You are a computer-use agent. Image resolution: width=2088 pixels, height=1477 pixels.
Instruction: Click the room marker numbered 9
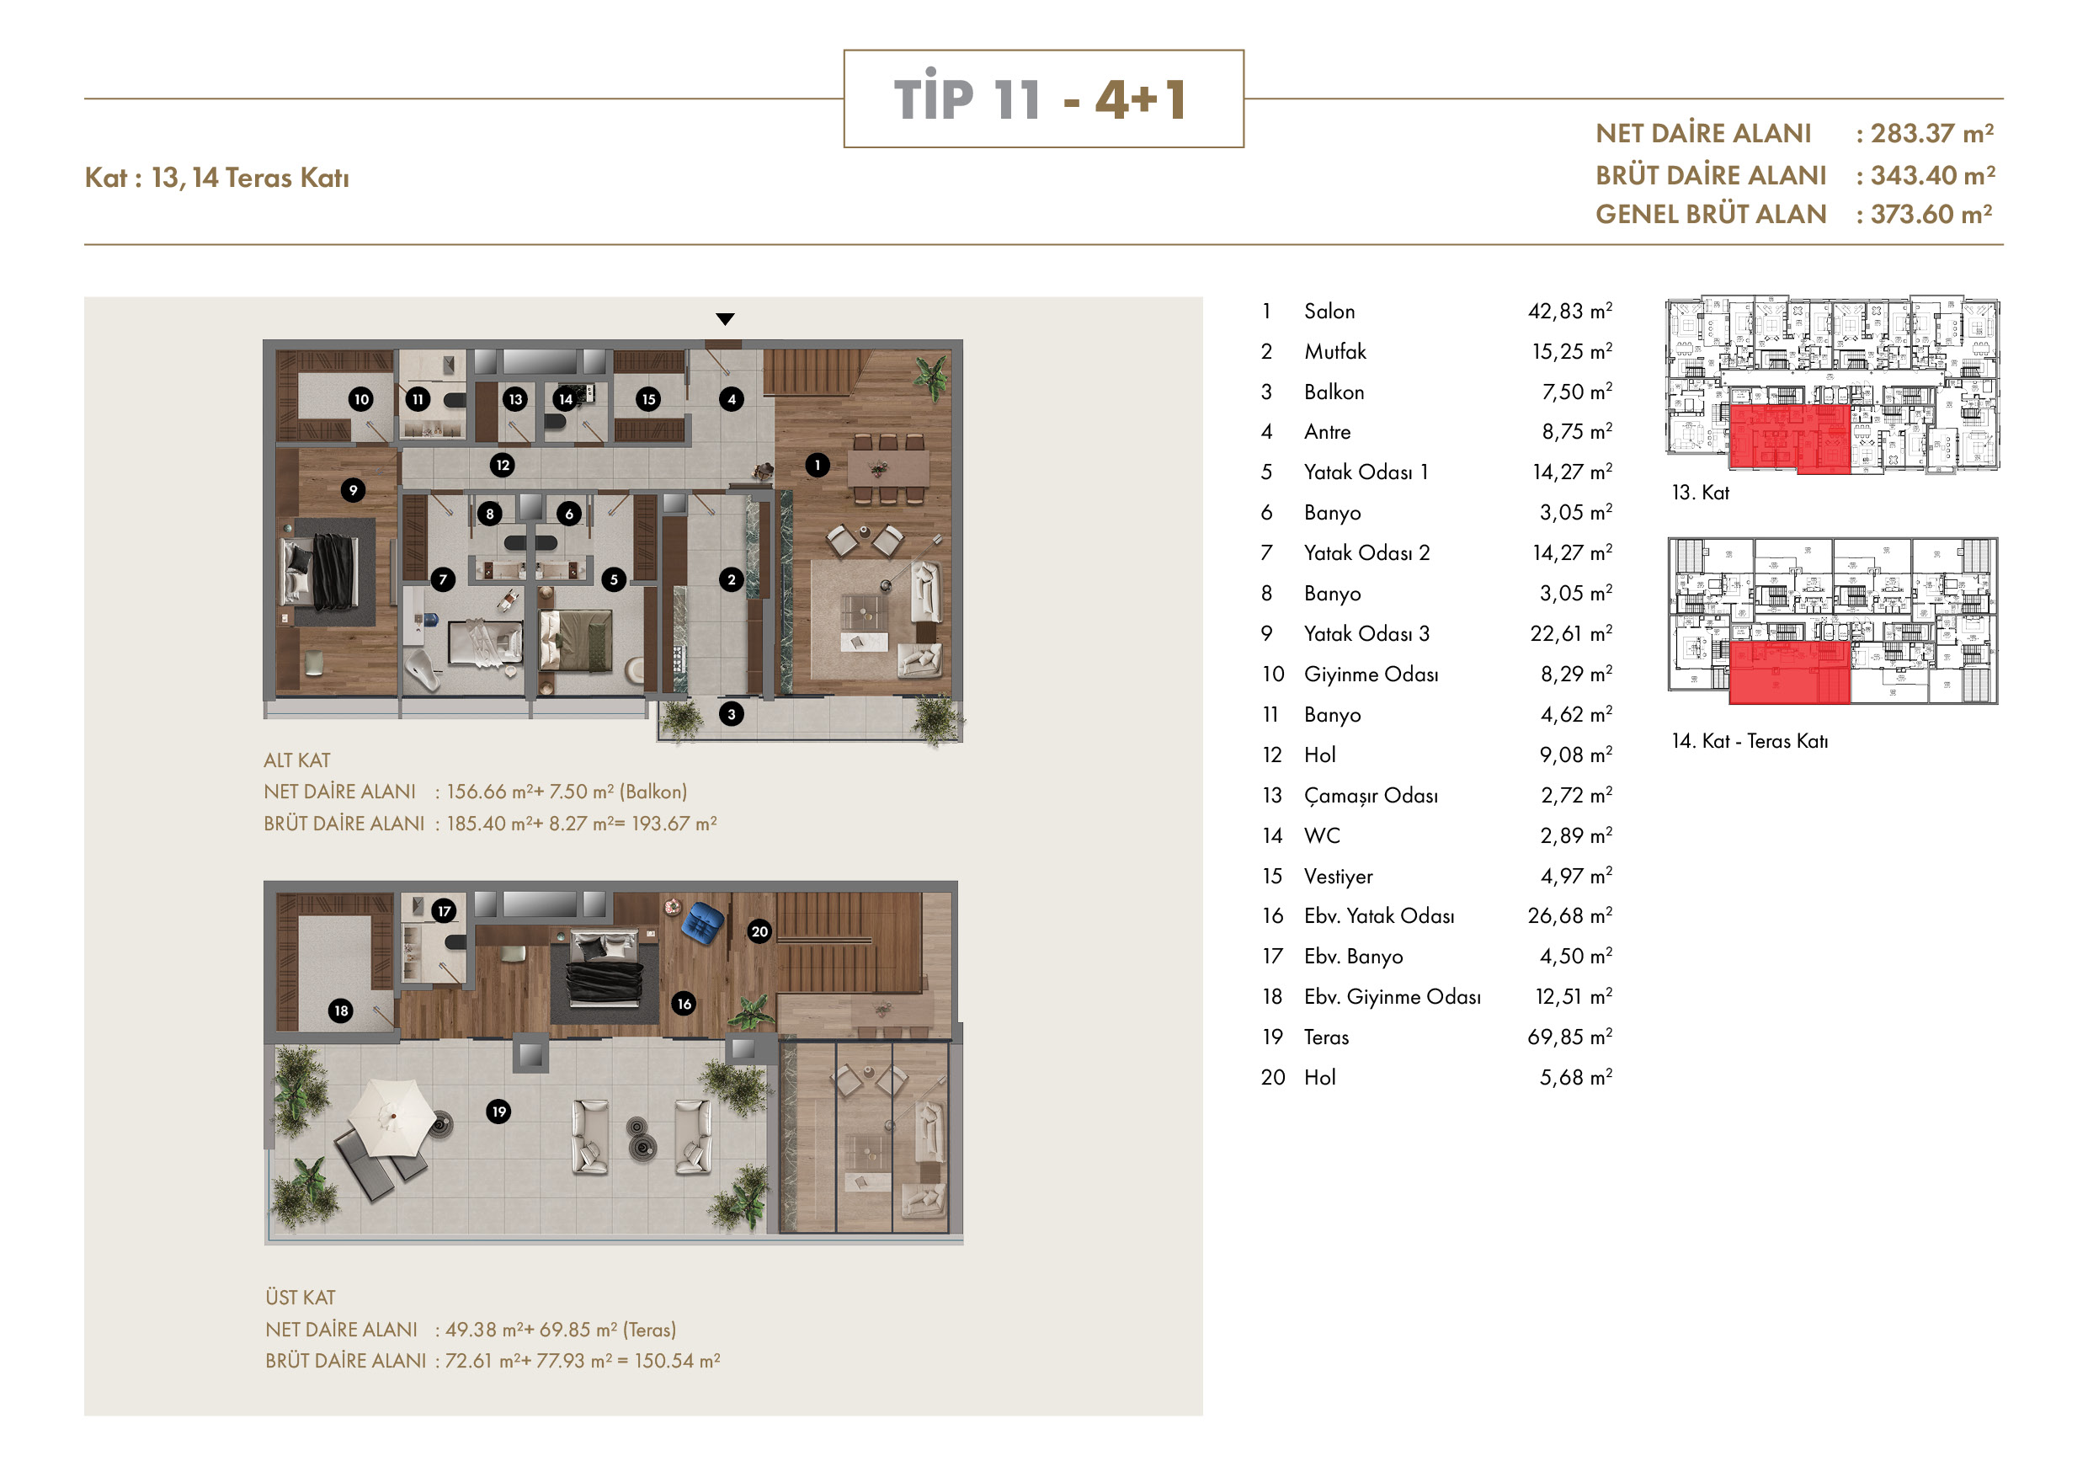(x=353, y=490)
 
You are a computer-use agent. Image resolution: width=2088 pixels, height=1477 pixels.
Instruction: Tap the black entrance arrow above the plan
(x=725, y=319)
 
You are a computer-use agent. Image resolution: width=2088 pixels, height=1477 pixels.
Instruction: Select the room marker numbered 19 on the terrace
(x=498, y=1112)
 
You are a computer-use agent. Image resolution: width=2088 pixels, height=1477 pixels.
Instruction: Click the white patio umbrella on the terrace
(x=392, y=1117)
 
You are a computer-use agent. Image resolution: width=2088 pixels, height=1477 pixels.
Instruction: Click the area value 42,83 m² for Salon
(x=1569, y=311)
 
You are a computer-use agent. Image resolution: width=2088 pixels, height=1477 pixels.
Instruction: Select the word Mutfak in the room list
(x=1335, y=352)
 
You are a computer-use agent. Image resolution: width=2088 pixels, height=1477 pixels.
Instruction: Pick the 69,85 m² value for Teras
(x=1569, y=1037)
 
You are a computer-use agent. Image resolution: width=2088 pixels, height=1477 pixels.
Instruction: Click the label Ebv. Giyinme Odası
(x=1393, y=997)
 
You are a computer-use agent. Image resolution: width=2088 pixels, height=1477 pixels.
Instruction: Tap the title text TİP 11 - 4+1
(x=1043, y=99)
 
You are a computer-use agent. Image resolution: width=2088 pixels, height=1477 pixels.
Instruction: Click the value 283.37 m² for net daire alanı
(x=1932, y=134)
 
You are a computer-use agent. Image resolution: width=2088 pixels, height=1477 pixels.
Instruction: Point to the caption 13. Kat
(x=1701, y=493)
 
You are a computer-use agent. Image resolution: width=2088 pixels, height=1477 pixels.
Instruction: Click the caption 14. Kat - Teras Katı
(x=1750, y=741)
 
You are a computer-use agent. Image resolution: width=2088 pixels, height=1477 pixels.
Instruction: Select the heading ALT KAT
(x=297, y=760)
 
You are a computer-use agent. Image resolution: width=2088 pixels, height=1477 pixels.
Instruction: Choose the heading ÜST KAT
(x=300, y=1298)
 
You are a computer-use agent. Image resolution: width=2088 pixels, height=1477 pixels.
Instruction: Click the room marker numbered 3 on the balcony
(x=731, y=714)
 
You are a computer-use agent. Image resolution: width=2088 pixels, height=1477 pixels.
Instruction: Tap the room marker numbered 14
(x=566, y=398)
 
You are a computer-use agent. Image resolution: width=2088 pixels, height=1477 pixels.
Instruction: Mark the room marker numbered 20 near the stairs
(x=759, y=931)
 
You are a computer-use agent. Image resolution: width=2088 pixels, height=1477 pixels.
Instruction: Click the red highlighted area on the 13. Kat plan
(x=1789, y=440)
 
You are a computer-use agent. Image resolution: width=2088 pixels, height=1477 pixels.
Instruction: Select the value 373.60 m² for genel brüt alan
(x=1931, y=215)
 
